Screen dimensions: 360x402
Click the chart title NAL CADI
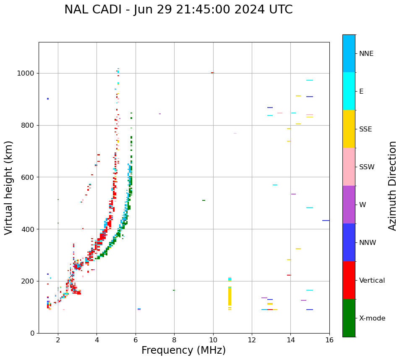[x=178, y=10]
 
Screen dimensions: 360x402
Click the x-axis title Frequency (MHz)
[x=183, y=350]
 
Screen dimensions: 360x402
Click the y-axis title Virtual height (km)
[x=9, y=187]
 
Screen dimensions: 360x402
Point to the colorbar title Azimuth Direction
[x=392, y=186]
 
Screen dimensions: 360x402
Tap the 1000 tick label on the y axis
[x=26, y=73]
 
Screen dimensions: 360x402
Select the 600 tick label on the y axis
[x=28, y=177]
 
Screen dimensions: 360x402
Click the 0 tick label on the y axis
[x=32, y=333]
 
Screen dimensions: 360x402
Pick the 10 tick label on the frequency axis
[x=213, y=340]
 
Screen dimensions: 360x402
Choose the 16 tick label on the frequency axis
[x=329, y=340]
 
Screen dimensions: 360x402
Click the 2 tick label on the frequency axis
[x=58, y=340]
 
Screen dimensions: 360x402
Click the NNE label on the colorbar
[x=366, y=54]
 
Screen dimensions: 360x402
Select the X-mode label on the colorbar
[x=372, y=318]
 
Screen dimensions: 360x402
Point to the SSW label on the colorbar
[x=367, y=167]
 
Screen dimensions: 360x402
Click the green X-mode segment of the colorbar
[x=349, y=318]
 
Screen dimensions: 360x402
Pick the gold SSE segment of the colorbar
[x=349, y=129]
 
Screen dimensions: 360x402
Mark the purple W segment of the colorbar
[x=349, y=205]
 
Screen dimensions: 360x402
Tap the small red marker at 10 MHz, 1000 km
[x=212, y=73]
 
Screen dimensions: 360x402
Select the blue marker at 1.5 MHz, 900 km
[x=48, y=99]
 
